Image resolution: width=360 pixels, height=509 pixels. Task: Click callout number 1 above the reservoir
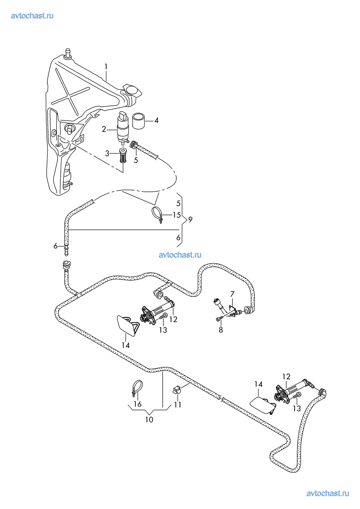coord(106,66)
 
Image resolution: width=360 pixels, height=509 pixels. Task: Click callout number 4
coord(156,120)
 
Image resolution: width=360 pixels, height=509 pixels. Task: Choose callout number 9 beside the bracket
coord(190,220)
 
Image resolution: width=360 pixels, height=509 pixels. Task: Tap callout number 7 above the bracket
coord(232,294)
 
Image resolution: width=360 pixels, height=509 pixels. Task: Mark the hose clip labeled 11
coord(176,390)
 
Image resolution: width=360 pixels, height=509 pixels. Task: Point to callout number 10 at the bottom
coord(149,420)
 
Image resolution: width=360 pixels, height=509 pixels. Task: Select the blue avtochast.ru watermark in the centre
coord(180,255)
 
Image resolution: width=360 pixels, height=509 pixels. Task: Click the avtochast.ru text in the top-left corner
coord(32,16)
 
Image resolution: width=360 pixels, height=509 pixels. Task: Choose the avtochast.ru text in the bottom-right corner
coord(327,493)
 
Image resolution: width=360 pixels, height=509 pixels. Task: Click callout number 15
coord(176,215)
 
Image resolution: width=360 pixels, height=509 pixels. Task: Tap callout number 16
coord(138,404)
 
